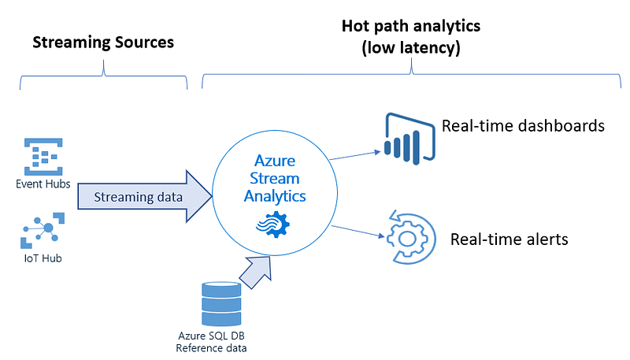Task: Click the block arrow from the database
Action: pos(257,272)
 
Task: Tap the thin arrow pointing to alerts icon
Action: pos(358,231)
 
